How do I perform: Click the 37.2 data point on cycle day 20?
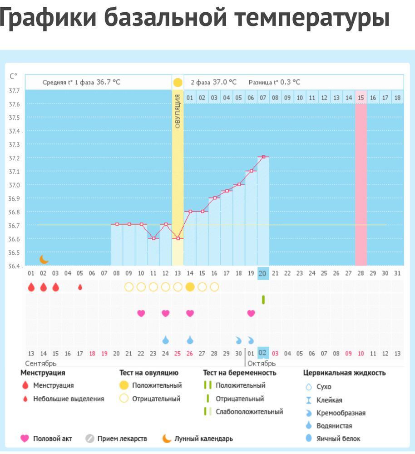click(x=263, y=157)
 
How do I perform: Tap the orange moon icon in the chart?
click(x=44, y=259)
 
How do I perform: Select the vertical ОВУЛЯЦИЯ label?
click(x=178, y=111)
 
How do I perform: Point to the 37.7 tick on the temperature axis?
click(x=14, y=91)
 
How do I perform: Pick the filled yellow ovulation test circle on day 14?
click(x=190, y=287)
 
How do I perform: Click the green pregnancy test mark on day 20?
click(x=263, y=300)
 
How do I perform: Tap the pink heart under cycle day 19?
click(x=251, y=313)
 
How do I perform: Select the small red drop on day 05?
click(x=80, y=287)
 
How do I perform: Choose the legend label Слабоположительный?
click(x=249, y=412)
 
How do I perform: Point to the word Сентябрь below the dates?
click(x=41, y=363)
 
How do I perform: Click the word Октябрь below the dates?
click(x=262, y=363)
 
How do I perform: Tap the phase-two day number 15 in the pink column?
click(x=361, y=97)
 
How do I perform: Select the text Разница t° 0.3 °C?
click(x=274, y=82)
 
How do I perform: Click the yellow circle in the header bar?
click(x=178, y=83)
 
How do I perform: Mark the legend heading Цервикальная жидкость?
click(x=345, y=373)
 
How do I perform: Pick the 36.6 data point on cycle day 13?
click(x=178, y=238)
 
